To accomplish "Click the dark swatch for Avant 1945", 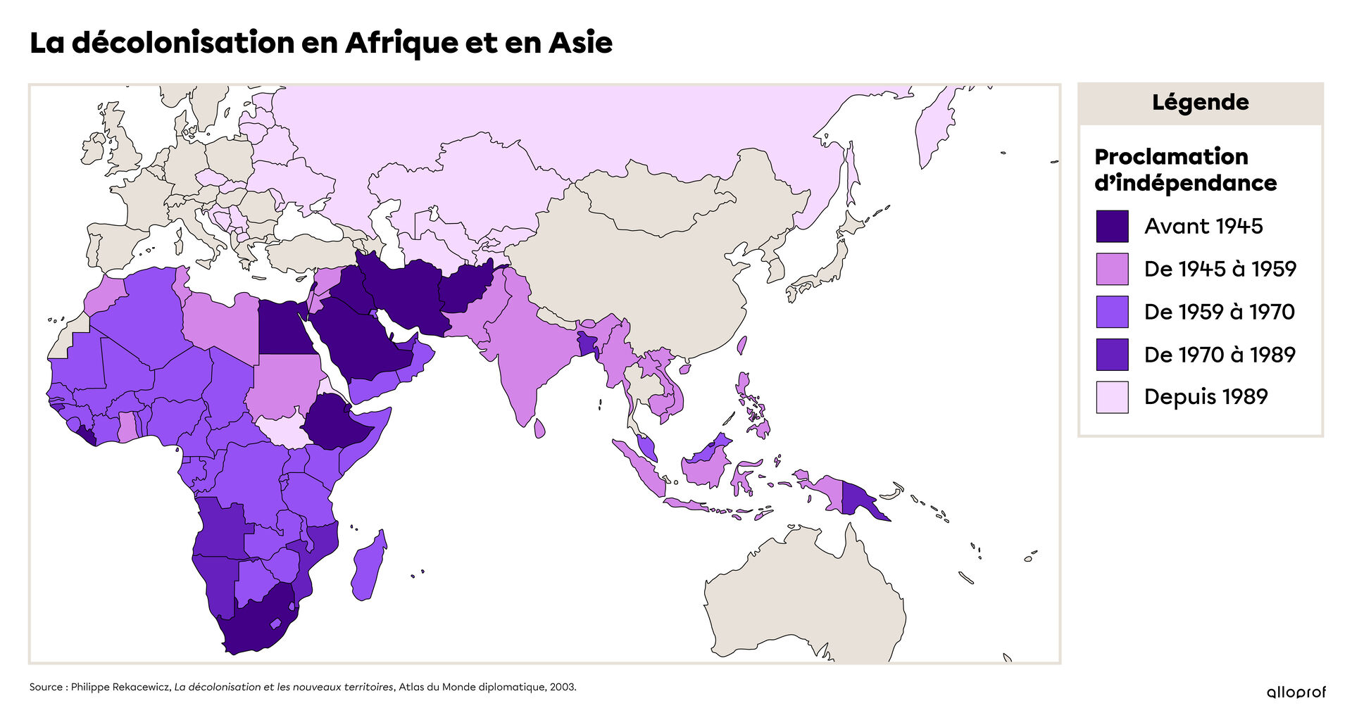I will pyautogui.click(x=1112, y=226).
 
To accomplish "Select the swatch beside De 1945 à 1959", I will pyautogui.click(x=1112, y=269).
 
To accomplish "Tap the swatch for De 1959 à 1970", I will pyautogui.click(x=1112, y=312).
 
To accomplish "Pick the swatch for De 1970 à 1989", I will pyautogui.click(x=1112, y=355).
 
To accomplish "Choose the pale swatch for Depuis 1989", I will pyautogui.click(x=1112, y=397).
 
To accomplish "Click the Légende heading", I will pyautogui.click(x=1200, y=103).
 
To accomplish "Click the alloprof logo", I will pyautogui.click(x=1296, y=693).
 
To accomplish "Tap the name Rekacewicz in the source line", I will pyautogui.click(x=142, y=687).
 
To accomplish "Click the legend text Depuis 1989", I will pyautogui.click(x=1206, y=397).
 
